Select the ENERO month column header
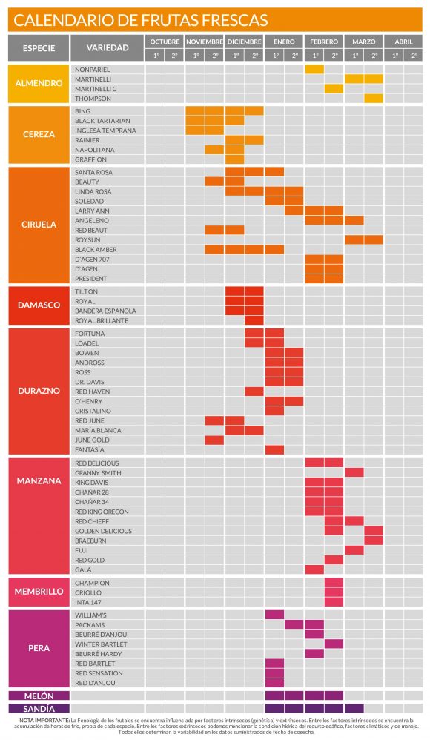pos(285,42)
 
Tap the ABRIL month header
pos(404,42)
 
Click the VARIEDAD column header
pos(107,48)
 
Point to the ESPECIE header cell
pos(38,48)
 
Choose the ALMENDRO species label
pos(39,83)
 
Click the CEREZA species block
pos(39,135)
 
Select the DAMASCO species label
pos(39,305)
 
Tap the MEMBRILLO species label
pos(39,592)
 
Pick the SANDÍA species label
pos(39,708)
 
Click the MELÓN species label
pos(39,696)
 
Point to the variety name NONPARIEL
pos(93,69)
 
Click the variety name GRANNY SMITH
pos(98,472)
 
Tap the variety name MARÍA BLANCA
pos(98,430)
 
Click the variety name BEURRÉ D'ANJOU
pos(102,634)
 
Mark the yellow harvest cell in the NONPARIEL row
pos(314,69)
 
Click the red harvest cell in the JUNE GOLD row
pos(214,440)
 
